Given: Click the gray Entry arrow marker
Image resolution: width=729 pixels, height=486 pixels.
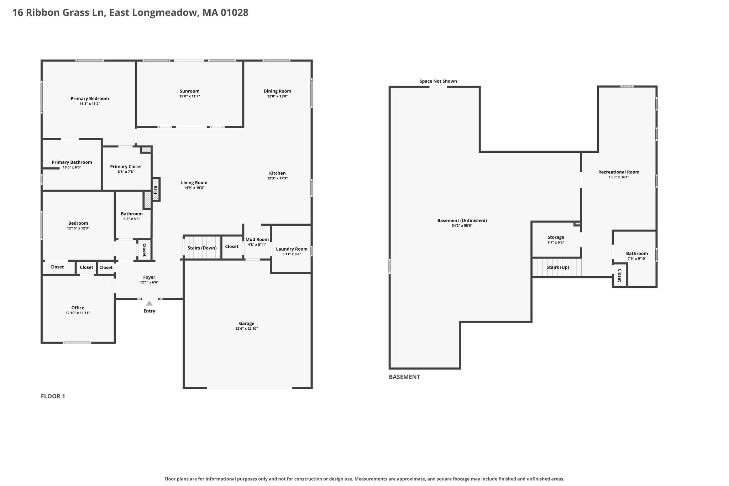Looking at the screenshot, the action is [150, 303].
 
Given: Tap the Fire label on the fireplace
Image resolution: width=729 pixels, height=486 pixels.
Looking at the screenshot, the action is [155, 190].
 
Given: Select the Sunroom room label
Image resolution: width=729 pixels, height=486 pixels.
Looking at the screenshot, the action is [189, 91].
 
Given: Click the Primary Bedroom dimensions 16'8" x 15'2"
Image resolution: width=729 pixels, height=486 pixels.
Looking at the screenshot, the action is [90, 104].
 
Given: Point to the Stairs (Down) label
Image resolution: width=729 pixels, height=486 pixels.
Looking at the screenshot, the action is [202, 248].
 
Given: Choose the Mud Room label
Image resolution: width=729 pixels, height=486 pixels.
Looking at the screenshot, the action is [257, 240].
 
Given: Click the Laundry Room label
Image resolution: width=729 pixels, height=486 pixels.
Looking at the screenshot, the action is [292, 249].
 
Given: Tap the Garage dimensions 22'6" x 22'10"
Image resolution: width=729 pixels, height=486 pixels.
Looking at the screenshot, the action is [247, 329].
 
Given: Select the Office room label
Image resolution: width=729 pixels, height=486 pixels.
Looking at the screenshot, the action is [78, 308].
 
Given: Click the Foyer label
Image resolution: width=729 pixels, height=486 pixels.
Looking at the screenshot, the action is [149, 277].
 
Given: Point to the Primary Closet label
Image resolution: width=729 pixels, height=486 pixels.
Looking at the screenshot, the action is [126, 167].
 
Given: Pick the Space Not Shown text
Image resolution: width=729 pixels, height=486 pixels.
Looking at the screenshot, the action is [438, 81].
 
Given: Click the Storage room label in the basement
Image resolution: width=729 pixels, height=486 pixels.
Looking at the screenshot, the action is [556, 237].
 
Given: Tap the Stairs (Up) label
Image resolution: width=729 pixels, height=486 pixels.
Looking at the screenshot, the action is [558, 267].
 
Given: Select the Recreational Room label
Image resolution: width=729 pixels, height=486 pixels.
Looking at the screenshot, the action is [619, 172].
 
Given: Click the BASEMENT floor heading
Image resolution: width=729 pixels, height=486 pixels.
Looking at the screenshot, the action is [404, 377].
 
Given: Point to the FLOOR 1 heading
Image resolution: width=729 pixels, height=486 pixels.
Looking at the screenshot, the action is [53, 396].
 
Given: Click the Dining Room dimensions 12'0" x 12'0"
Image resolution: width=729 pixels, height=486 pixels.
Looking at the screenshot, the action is [277, 96].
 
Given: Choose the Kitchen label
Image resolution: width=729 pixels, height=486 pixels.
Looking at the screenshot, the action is [277, 173].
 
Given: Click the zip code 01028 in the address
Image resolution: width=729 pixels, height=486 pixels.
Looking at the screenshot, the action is [234, 13].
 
